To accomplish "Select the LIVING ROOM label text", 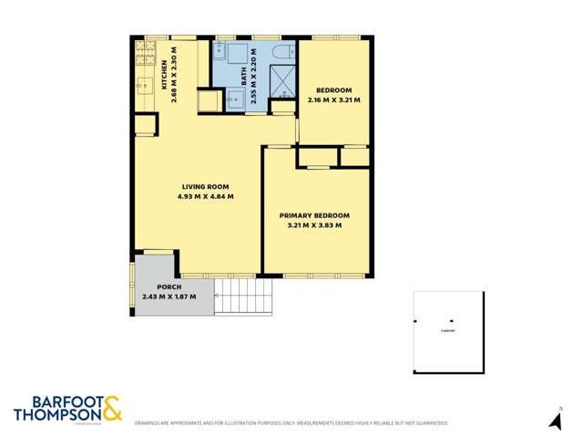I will (x=207, y=186).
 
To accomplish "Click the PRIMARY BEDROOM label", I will (x=314, y=215).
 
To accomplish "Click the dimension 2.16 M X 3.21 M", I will (x=334, y=99).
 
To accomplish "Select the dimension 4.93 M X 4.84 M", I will (x=207, y=196).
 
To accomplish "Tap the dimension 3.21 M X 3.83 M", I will (x=314, y=225).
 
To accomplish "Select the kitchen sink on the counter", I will (x=144, y=88).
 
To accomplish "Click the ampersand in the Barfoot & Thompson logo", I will (x=111, y=408).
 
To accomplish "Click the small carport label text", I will (x=446, y=332).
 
